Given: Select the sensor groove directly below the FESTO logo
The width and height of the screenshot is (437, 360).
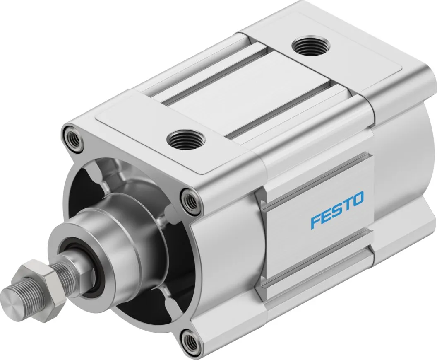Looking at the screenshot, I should pyautogui.click(x=323, y=259).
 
